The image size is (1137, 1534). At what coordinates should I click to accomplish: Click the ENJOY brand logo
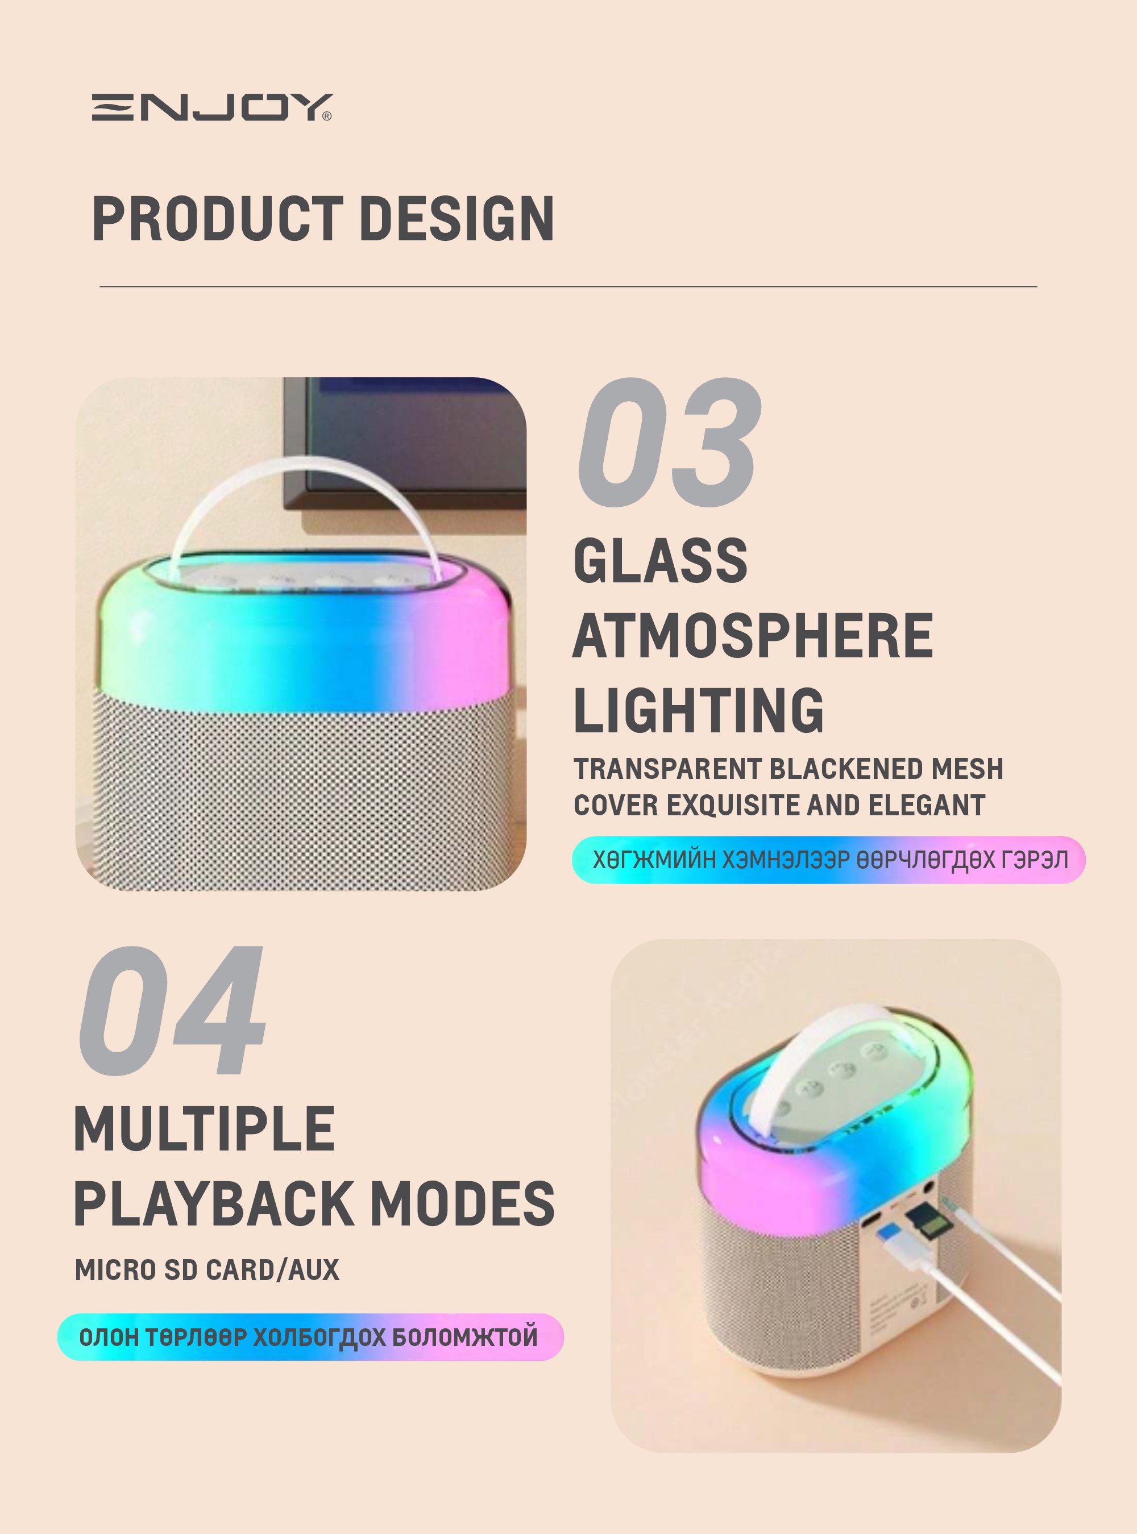coord(212,107)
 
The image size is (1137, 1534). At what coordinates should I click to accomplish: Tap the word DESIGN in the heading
coord(457,219)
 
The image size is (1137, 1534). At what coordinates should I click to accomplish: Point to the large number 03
coord(670,443)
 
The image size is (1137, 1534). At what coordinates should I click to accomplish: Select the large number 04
coord(172,1011)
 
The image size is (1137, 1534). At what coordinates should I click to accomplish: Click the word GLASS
coord(661,561)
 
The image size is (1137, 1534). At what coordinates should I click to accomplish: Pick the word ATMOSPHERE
coord(753,636)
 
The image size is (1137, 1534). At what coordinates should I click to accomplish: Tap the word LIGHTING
coord(699,711)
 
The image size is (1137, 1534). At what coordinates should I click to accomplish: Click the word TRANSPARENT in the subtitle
coord(666,769)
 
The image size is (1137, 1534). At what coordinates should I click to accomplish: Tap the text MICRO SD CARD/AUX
coord(207,1270)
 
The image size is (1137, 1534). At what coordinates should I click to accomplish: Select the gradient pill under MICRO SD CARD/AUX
coord(310,1337)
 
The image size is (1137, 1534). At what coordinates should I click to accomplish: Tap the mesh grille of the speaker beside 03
coord(303,791)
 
